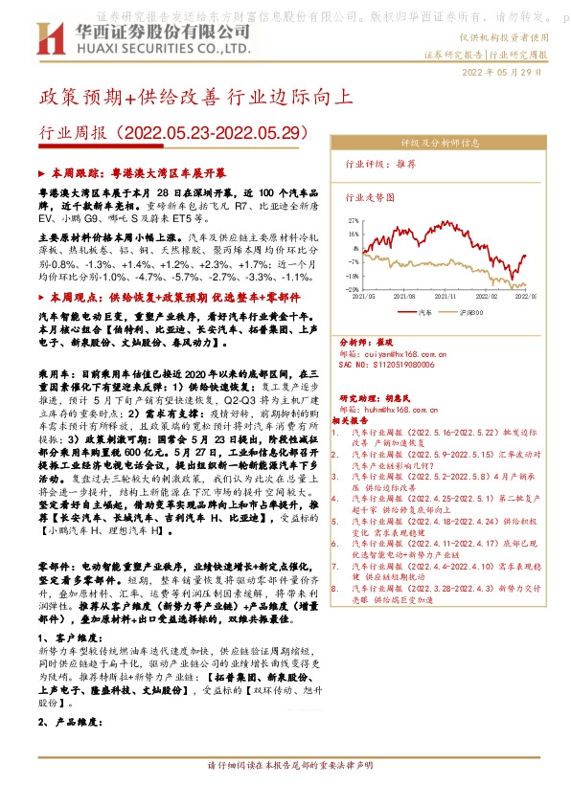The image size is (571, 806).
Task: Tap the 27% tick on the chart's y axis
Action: [x=354, y=220]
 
